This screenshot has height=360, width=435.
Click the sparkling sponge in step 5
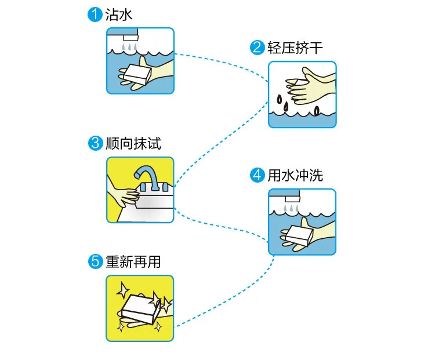click(139, 306)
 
